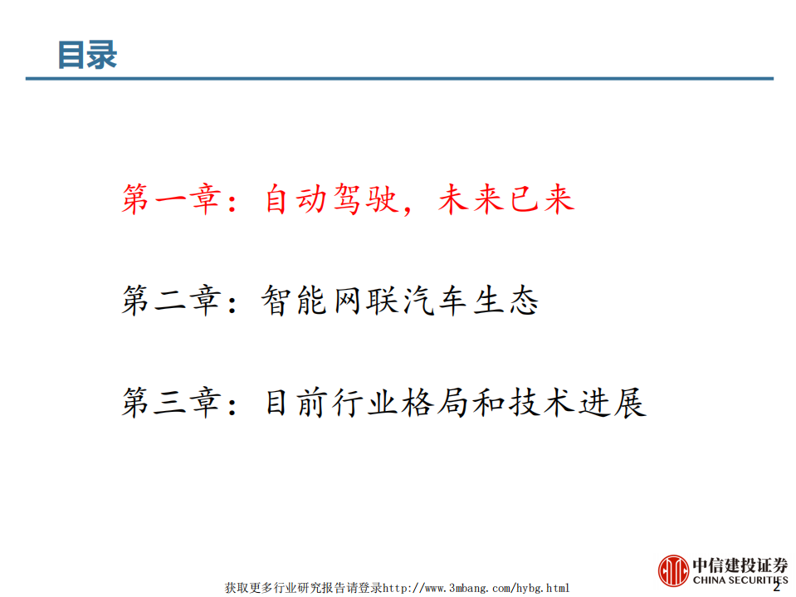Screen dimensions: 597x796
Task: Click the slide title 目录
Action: click(87, 54)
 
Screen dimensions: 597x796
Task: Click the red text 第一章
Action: click(169, 200)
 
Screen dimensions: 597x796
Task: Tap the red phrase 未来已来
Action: click(506, 200)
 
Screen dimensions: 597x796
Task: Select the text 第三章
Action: click(169, 403)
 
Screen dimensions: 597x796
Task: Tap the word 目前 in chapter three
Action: click(295, 403)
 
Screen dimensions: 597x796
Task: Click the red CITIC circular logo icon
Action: click(674, 571)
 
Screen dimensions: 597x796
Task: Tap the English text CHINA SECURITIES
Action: click(739, 580)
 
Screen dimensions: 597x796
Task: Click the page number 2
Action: click(777, 586)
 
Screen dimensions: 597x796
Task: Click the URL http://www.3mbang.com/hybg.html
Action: click(476, 588)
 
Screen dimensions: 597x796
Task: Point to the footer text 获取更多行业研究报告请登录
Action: click(303, 588)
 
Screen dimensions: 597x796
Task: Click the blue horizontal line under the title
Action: click(398, 79)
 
